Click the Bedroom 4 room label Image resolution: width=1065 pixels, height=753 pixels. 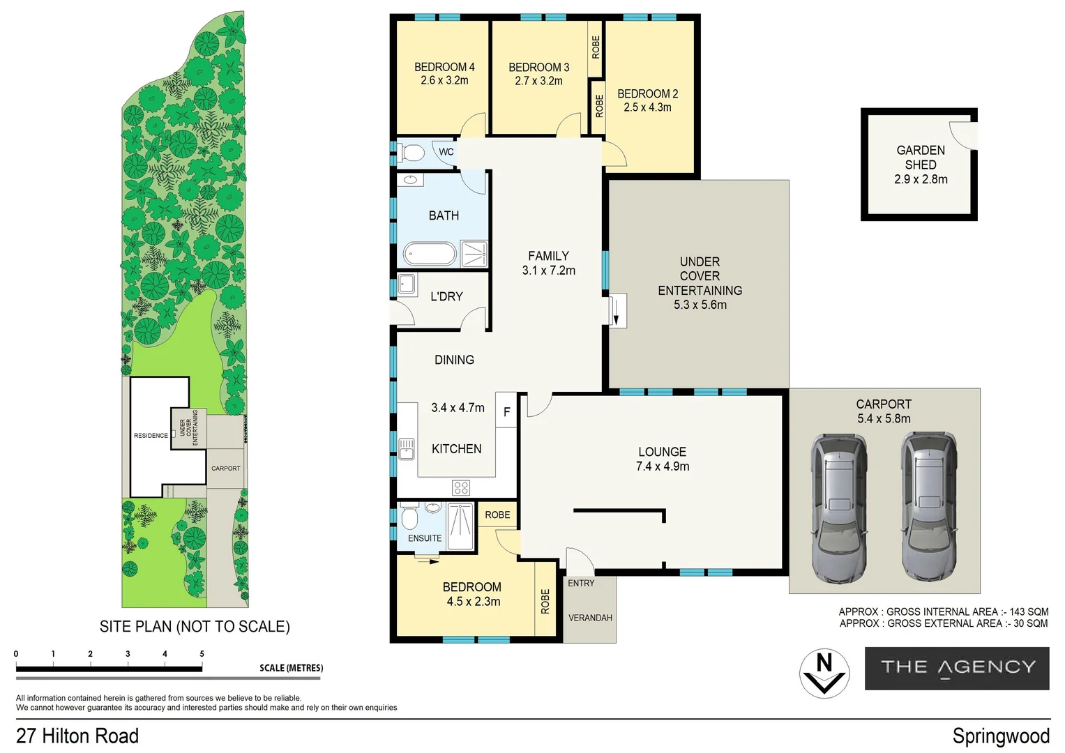(444, 67)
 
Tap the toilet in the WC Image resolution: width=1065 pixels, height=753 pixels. (411, 153)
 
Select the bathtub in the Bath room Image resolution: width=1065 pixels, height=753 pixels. (430, 254)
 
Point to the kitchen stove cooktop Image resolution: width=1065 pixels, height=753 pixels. (461, 488)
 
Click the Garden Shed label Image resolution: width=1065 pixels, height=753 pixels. (921, 158)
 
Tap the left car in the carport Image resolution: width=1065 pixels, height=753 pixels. (839, 508)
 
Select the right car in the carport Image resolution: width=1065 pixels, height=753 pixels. (929, 507)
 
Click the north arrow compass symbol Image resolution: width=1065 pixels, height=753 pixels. (824, 673)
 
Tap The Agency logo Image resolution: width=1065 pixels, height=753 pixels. (957, 668)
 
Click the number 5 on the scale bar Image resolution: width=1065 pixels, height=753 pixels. (202, 654)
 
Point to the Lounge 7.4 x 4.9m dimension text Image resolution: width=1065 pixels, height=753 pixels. (663, 466)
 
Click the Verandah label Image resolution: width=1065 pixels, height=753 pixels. (590, 618)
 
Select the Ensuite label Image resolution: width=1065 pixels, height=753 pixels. (425, 538)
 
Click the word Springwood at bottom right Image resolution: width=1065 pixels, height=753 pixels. (1001, 736)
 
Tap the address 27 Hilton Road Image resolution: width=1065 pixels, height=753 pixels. (77, 736)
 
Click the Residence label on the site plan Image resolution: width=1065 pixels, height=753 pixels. (151, 436)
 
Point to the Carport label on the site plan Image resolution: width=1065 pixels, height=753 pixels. (226, 469)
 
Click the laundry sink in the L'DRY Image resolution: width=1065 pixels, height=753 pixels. (407, 284)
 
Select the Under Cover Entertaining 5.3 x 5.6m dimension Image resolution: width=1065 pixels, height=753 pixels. (700, 305)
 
